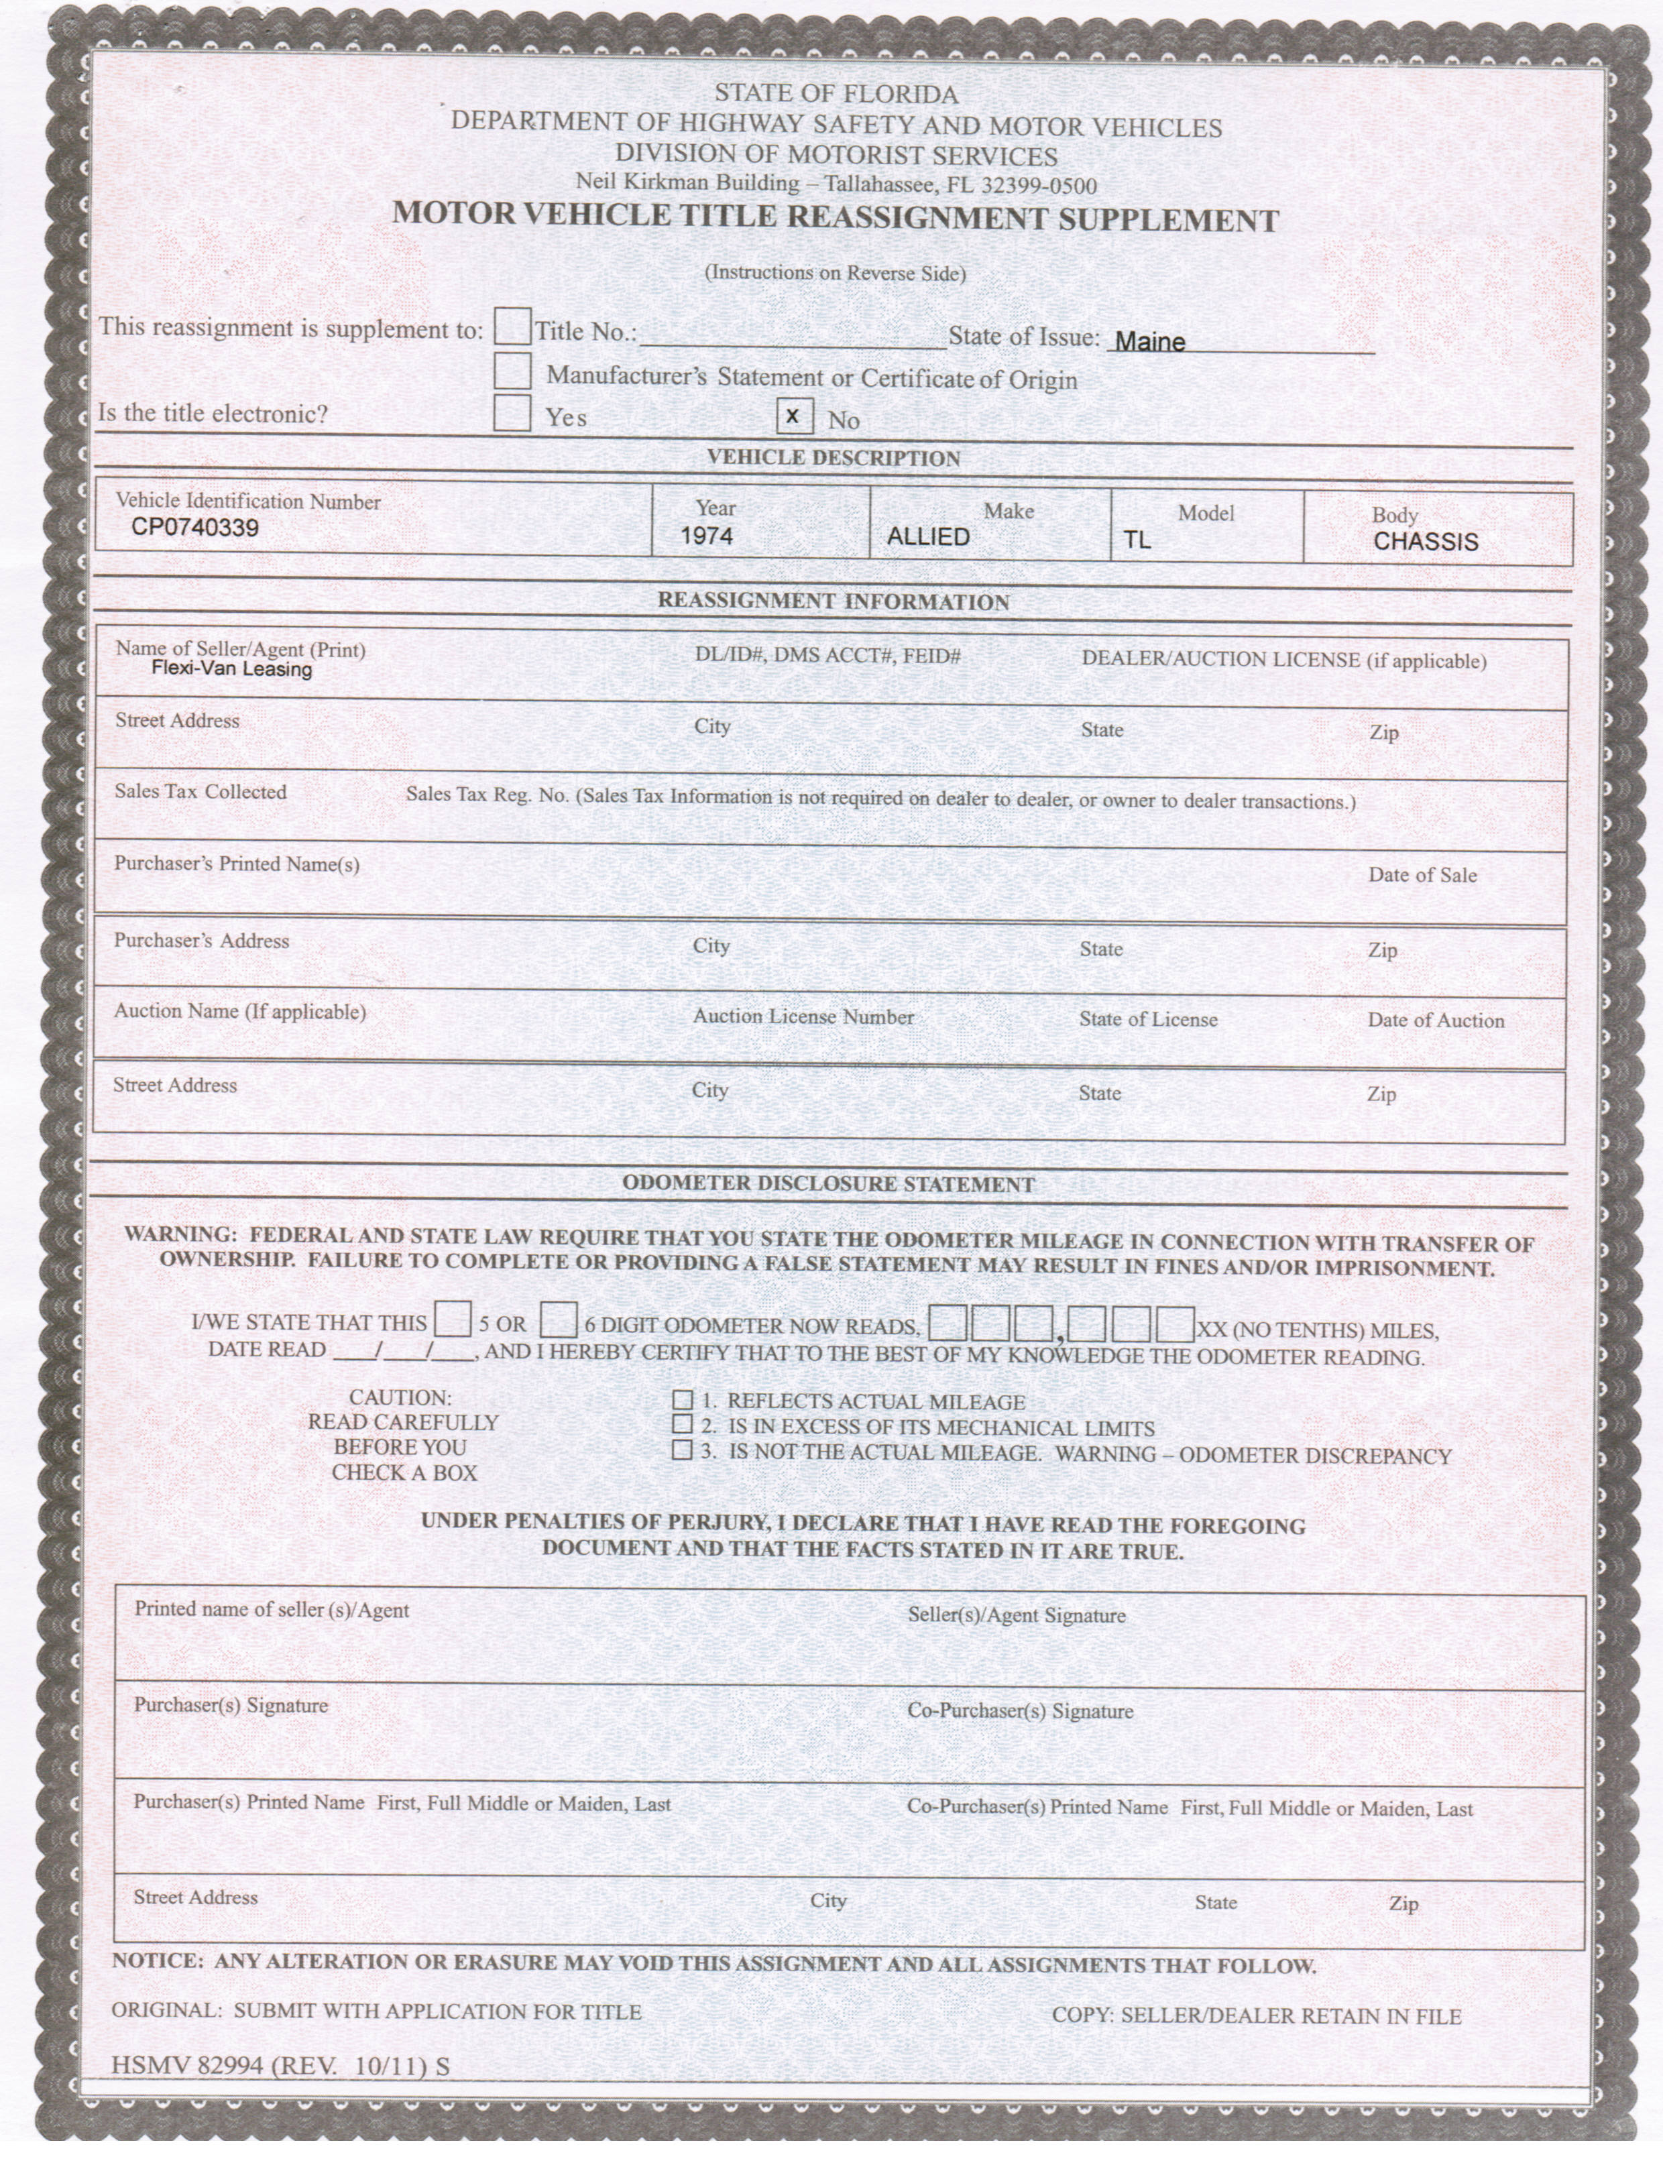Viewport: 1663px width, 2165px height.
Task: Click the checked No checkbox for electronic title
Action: [794, 416]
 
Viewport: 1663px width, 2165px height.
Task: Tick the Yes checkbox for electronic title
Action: [512, 412]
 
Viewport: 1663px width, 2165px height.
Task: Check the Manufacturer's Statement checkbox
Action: [512, 370]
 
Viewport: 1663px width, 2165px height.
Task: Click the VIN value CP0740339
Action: [195, 528]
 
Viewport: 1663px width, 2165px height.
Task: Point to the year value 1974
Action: [707, 536]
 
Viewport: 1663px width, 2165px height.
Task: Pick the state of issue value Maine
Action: [1149, 341]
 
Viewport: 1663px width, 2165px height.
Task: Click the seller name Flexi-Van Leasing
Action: [231, 669]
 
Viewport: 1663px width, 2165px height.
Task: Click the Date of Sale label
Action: [1422, 875]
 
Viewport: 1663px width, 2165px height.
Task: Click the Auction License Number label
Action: [803, 1016]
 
